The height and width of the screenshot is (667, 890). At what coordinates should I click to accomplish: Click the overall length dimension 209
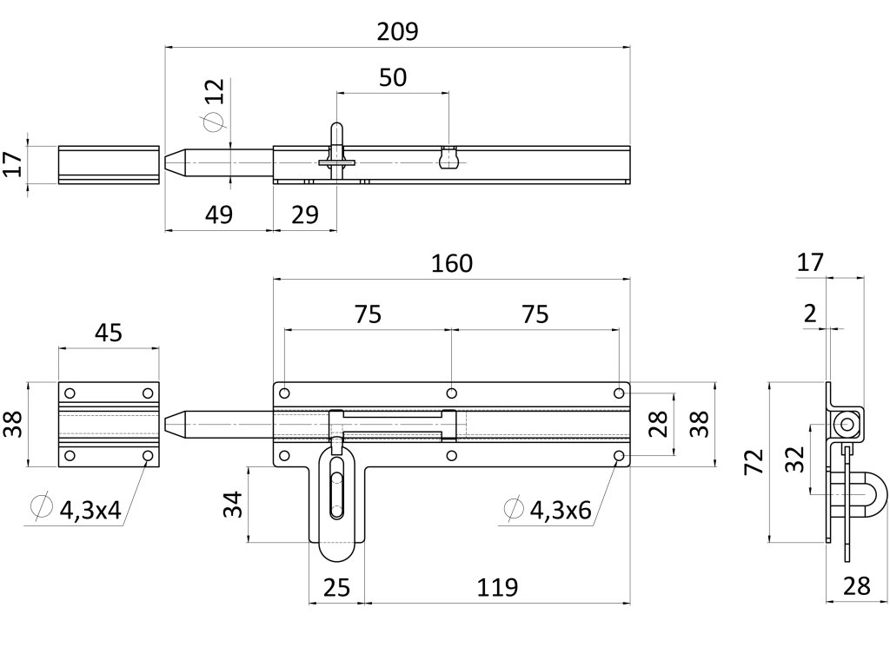[x=399, y=32]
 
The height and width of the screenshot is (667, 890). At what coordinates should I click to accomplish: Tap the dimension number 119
[x=497, y=587]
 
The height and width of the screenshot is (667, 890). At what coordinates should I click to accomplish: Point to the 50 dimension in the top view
[x=393, y=77]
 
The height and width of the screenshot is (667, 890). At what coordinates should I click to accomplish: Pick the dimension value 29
[x=305, y=215]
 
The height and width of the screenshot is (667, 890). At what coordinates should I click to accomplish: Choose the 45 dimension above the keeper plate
[x=109, y=333]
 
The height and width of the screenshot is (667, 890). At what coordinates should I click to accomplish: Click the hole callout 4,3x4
[x=90, y=511]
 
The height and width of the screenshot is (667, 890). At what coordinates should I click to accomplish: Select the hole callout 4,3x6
[x=561, y=511]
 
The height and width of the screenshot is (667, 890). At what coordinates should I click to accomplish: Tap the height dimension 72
[x=754, y=461]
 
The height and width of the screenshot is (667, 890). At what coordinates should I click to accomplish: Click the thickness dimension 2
[x=810, y=314]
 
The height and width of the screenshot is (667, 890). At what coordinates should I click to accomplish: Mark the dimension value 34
[x=230, y=504]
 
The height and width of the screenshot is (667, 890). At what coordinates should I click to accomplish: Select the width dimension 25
[x=335, y=587]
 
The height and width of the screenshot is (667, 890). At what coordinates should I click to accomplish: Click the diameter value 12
[x=215, y=91]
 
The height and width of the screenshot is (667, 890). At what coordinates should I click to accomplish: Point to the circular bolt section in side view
[x=845, y=424]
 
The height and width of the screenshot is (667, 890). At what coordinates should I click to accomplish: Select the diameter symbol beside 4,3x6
[x=514, y=510]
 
